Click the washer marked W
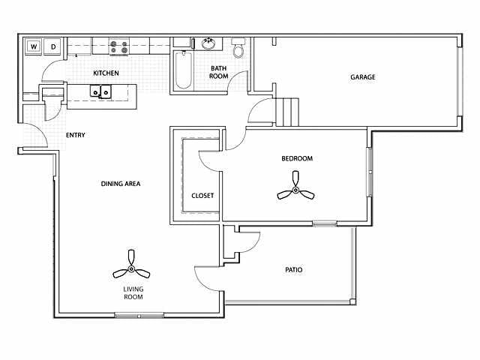coord(33,46)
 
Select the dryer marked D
coord(52,46)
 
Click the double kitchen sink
coord(100,91)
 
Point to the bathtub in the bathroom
coord(184,70)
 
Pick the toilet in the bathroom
coord(238,48)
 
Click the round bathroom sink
coord(208,43)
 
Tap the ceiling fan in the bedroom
coord(295,187)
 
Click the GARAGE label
coord(363,76)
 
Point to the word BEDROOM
coord(297,158)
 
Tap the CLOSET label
coord(202,195)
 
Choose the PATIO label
coord(293,270)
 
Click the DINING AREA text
coord(121,184)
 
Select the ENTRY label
coord(75,135)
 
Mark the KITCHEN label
coord(106,73)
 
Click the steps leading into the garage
coord(287,112)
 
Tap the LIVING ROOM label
coord(133,293)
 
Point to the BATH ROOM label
coord(218,72)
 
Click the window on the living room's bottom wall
coord(139,315)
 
